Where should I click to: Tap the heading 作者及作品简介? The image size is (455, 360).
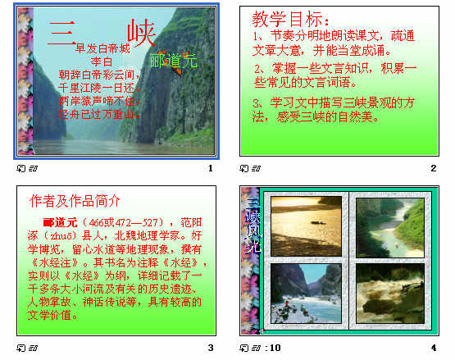[75, 201]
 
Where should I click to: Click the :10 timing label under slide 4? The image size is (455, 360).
[273, 348]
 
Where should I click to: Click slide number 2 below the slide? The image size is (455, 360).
[434, 168]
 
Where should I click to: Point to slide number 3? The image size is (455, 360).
[211, 348]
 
